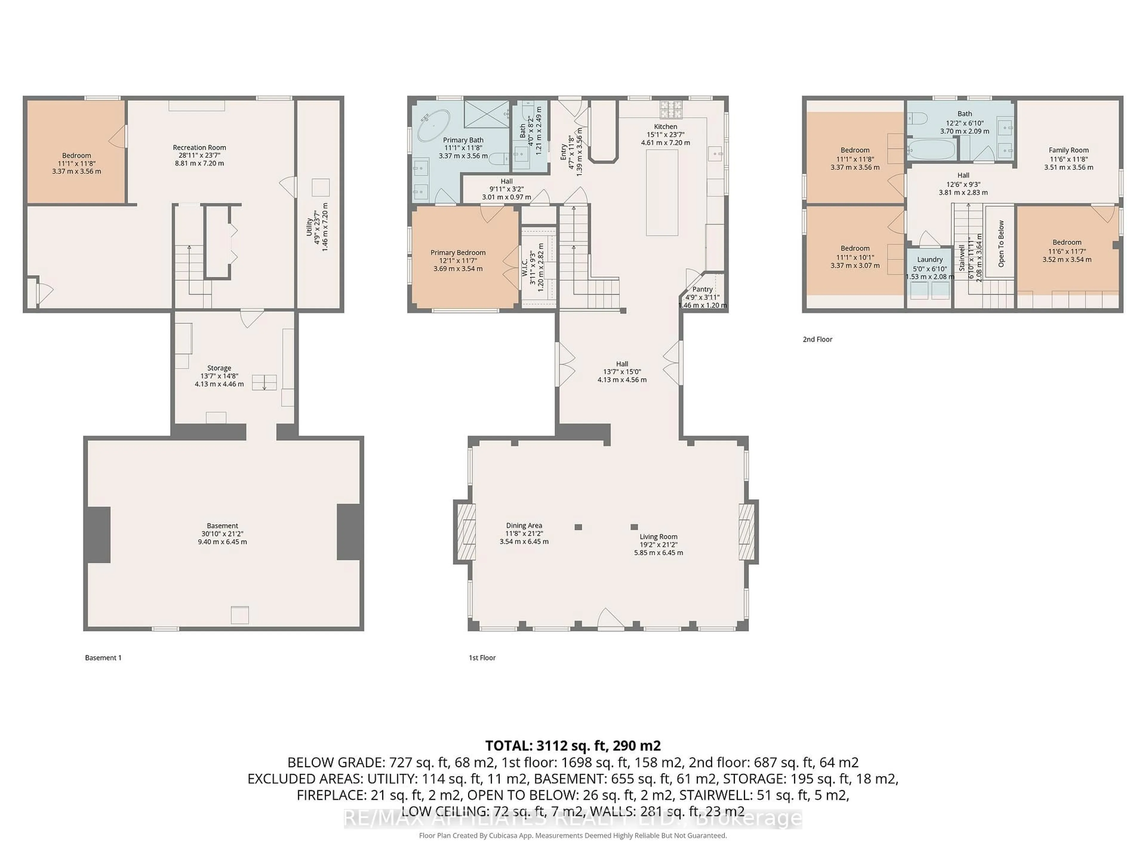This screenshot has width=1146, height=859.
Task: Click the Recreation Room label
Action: (199, 148)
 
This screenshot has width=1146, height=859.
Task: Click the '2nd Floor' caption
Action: (817, 339)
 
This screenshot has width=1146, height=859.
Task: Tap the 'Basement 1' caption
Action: (103, 658)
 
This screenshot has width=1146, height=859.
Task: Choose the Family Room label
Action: (1068, 150)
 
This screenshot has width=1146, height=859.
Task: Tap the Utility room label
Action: (309, 227)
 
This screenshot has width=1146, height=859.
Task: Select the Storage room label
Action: (219, 368)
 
